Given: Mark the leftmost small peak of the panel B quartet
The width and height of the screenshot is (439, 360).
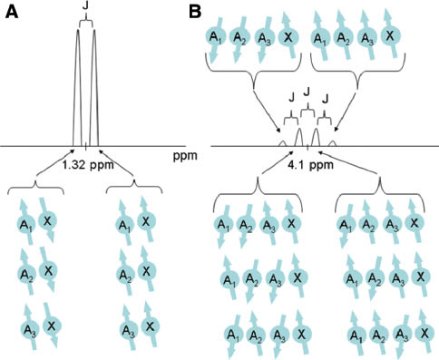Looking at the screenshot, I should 282,142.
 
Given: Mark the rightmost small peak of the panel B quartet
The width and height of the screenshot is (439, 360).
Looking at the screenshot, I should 334,142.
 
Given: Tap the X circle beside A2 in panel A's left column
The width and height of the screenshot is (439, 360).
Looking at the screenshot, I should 49,270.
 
